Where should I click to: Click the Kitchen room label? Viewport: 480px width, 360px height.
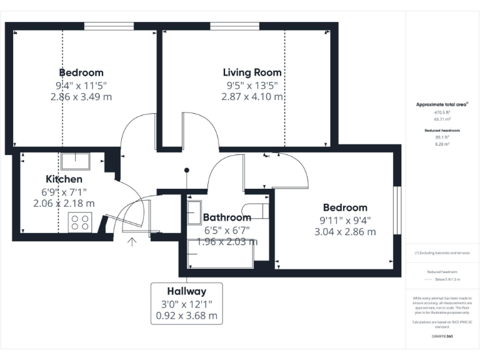point(64,179)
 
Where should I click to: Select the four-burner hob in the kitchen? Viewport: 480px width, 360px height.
point(80,222)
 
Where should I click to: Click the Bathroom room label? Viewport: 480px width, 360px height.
point(227,217)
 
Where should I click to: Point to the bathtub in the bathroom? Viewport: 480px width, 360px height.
point(220,257)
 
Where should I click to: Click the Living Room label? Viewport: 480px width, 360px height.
point(252,72)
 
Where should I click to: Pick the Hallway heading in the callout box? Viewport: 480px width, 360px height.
point(186,291)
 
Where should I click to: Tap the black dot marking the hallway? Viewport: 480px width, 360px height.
point(186,170)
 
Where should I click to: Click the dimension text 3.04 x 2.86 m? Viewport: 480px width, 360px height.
point(345,232)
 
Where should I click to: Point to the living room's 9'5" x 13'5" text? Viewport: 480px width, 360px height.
point(252,85)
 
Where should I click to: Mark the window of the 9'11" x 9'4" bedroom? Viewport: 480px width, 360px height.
point(396,210)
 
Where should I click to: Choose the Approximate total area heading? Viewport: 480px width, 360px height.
point(442,104)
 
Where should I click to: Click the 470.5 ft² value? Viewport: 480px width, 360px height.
point(442,112)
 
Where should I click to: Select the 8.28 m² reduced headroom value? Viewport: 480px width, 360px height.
point(442,144)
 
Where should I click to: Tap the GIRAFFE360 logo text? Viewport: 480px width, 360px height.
point(442,337)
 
